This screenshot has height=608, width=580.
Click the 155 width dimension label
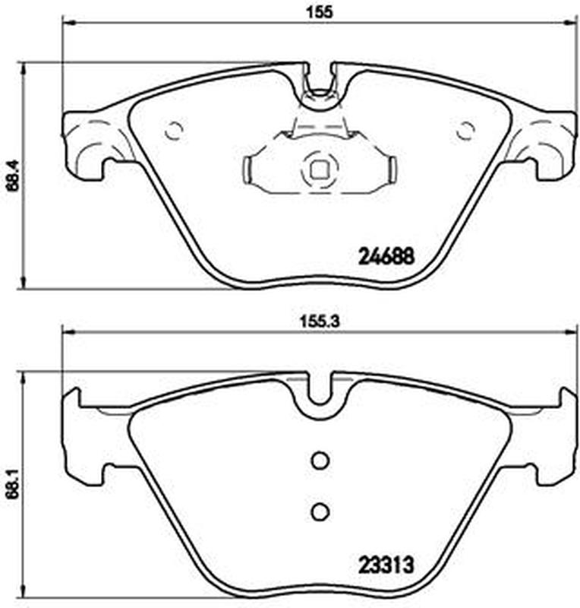(x=320, y=12)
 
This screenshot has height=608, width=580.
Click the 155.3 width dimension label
(x=320, y=321)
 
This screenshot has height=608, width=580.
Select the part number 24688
(x=386, y=256)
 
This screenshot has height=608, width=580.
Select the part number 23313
(x=386, y=565)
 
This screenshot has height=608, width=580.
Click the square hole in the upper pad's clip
(x=320, y=169)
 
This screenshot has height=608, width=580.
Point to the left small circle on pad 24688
(x=174, y=130)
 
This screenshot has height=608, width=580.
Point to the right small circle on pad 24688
(x=465, y=130)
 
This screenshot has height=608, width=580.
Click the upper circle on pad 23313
(x=320, y=461)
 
